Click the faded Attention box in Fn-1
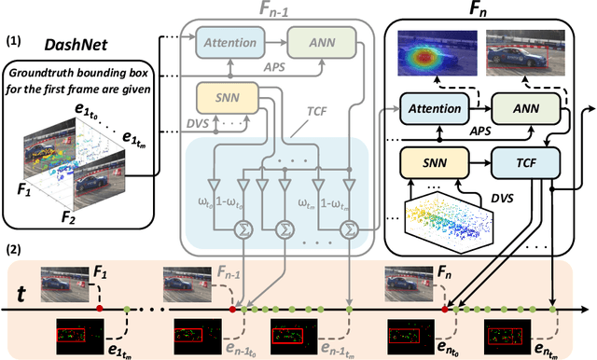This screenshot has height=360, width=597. pos(229,43)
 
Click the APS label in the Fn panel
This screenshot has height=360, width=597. pos(478,132)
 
